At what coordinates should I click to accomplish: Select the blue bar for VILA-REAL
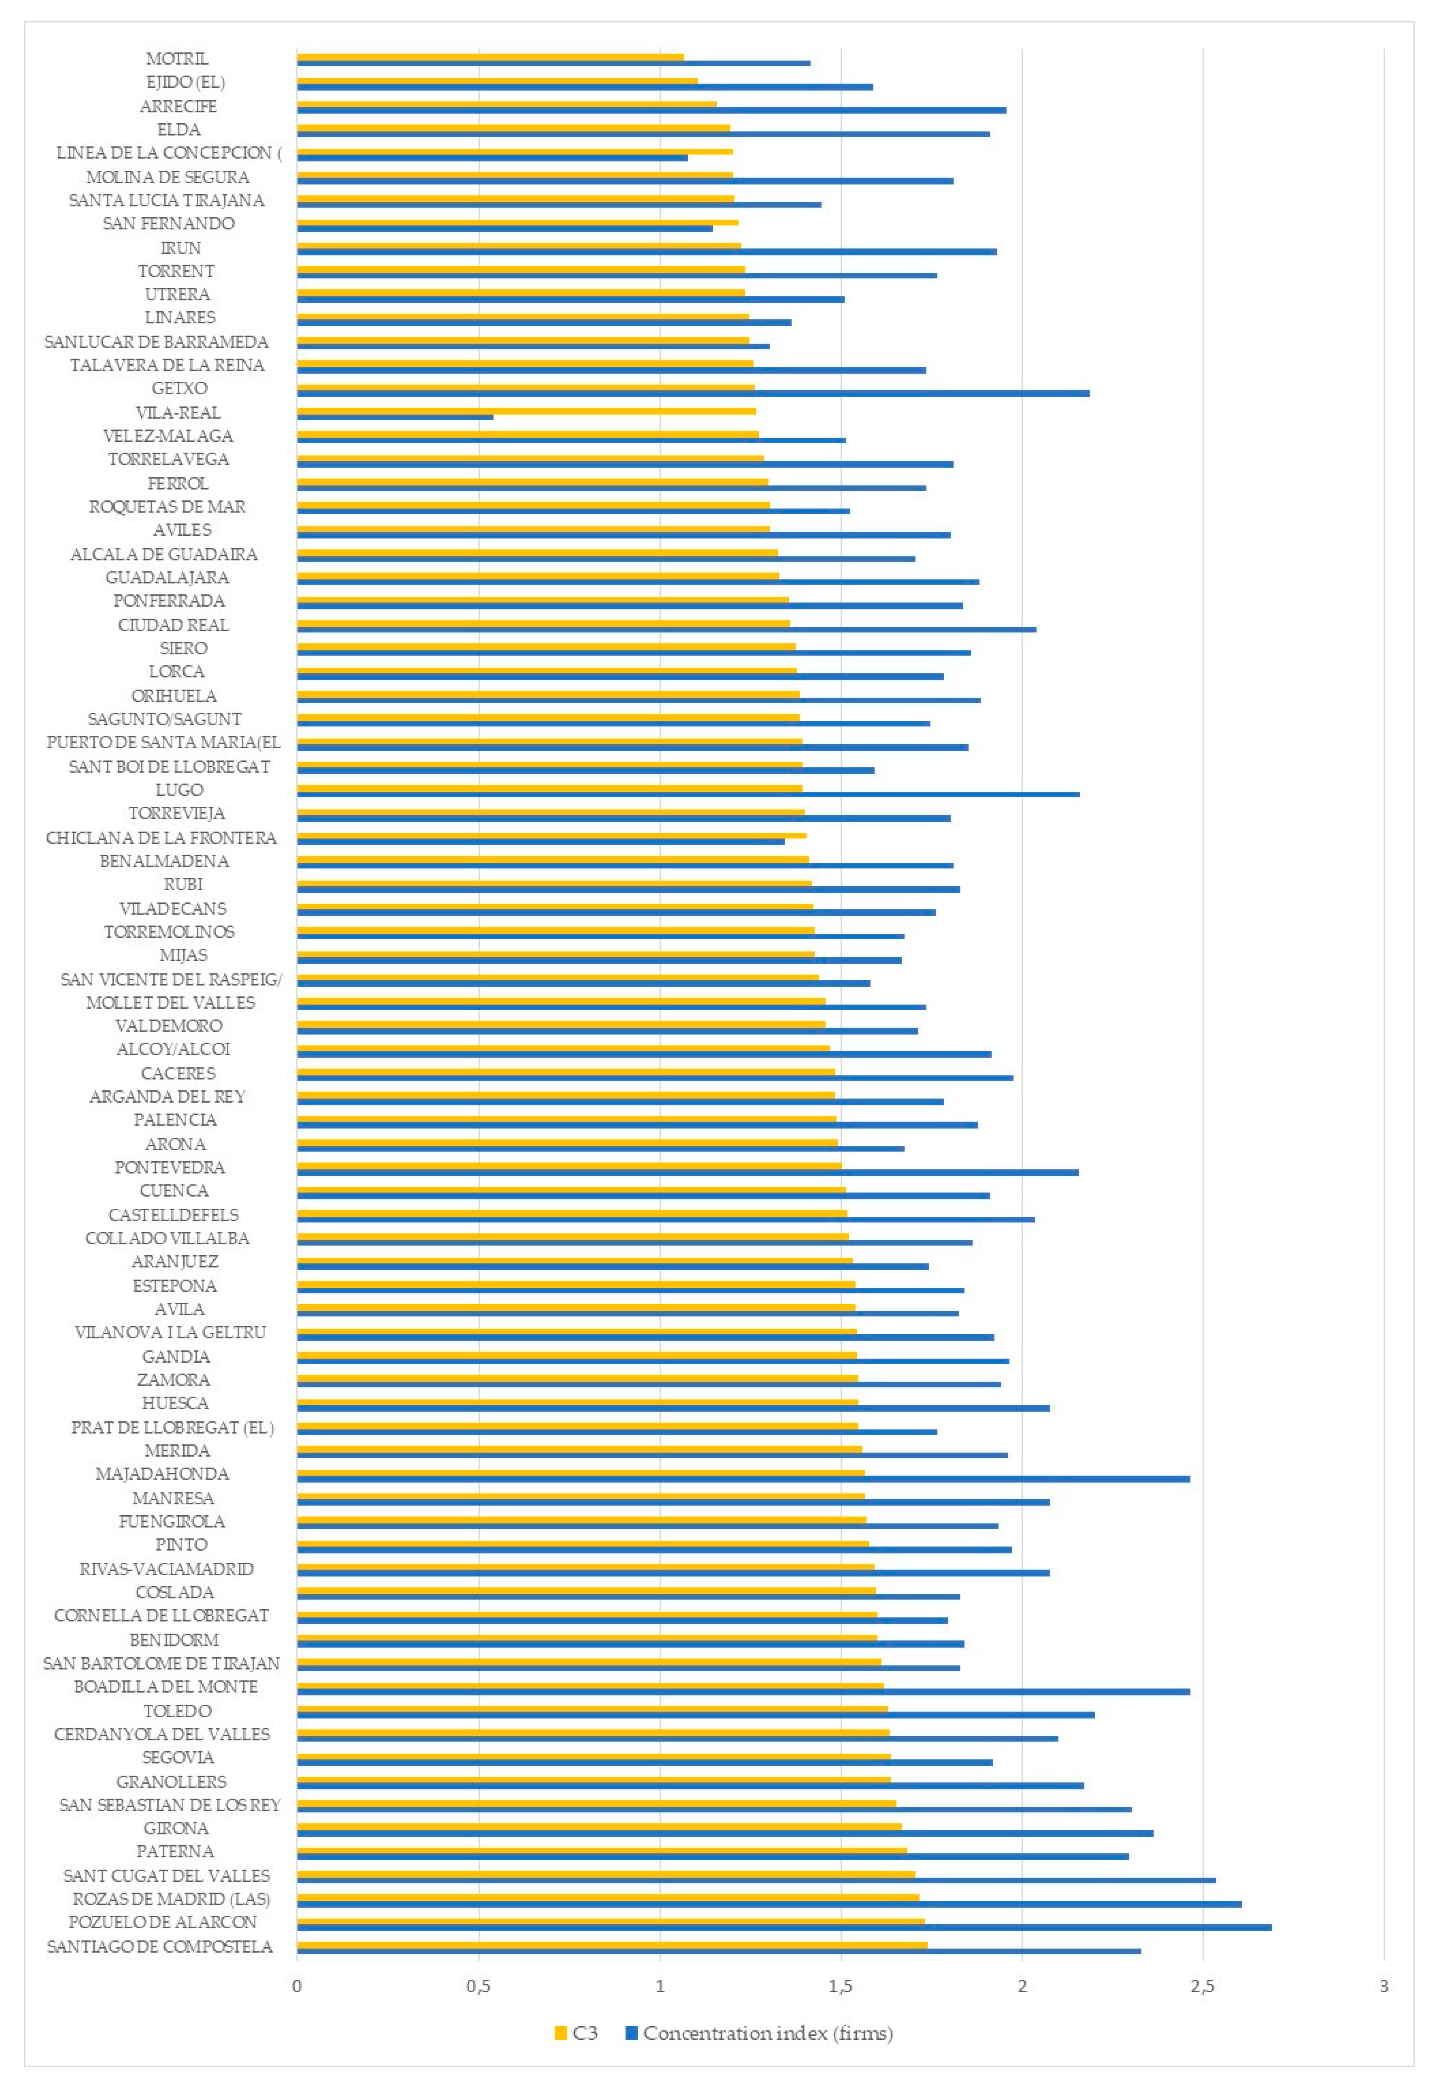395,417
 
